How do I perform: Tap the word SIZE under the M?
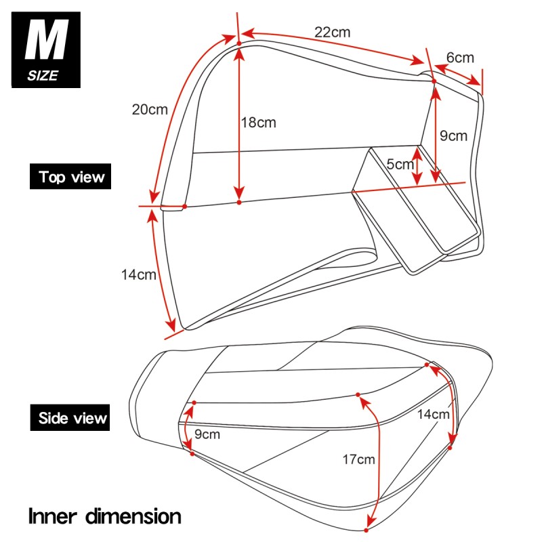[x=43, y=76]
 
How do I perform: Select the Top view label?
[x=72, y=178]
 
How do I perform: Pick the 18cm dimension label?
[x=259, y=123]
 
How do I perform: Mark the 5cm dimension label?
[x=400, y=164]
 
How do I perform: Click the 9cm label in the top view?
[x=453, y=135]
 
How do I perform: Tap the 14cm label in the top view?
[x=139, y=275]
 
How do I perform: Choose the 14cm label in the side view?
[x=433, y=414]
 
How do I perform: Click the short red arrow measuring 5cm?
[x=417, y=167]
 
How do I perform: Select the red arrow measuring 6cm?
[x=458, y=73]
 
